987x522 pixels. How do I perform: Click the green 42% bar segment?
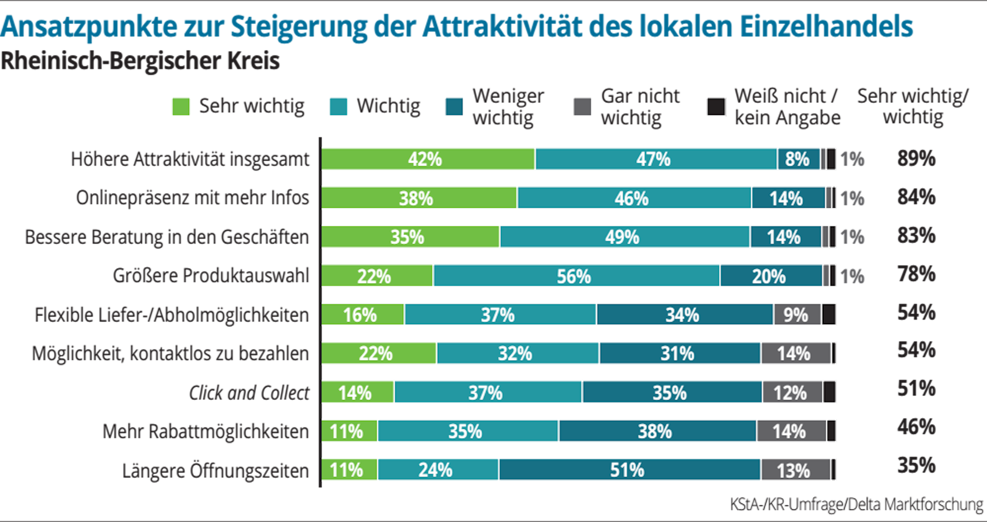(x=427, y=159)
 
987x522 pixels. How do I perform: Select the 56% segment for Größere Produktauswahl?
(x=575, y=276)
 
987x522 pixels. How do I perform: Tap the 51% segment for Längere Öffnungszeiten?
(x=629, y=470)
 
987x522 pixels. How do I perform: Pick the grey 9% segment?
(x=797, y=315)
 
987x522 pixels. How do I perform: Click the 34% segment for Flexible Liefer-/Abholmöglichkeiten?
(x=684, y=315)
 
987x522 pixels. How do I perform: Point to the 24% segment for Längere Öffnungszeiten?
(x=437, y=470)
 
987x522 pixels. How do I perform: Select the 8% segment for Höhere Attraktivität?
(x=798, y=159)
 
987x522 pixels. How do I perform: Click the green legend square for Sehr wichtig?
(x=181, y=107)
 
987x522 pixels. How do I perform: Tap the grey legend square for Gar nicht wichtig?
(x=582, y=107)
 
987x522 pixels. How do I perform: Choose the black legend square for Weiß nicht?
(x=716, y=107)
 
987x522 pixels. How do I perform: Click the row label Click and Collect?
(x=249, y=393)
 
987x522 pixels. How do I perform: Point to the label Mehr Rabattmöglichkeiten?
(x=206, y=431)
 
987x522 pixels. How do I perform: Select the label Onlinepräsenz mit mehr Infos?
(x=192, y=198)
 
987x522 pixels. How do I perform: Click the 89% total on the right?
(x=916, y=158)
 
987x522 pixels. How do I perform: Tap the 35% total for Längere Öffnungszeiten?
(x=916, y=465)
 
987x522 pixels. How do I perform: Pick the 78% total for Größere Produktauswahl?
(x=916, y=274)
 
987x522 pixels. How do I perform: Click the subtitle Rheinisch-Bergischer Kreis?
(x=140, y=62)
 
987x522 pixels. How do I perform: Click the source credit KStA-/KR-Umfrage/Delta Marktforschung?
(x=856, y=504)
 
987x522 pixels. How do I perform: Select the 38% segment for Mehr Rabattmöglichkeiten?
(x=656, y=431)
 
